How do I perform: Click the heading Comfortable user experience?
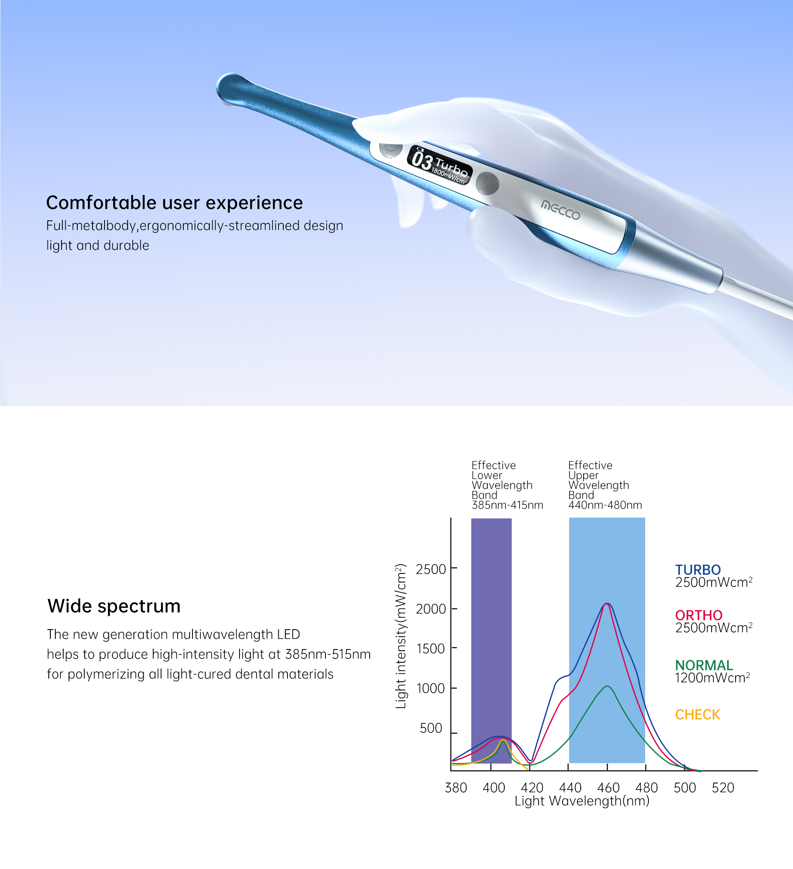coord(174,203)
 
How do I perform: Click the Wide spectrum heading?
coord(114,606)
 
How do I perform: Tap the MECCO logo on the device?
coord(560,210)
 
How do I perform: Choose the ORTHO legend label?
coord(699,615)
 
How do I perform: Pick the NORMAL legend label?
coord(704,665)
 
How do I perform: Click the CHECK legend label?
coord(697,715)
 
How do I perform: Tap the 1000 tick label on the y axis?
coord(431,688)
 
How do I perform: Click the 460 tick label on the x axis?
coord(608,788)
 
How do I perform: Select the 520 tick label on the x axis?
coord(723,788)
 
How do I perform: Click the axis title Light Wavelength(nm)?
coord(582,801)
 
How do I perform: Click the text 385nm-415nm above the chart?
coord(508,505)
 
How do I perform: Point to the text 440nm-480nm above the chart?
coord(605,505)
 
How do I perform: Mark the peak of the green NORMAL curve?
coord(607,686)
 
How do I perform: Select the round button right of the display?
coord(488,183)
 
